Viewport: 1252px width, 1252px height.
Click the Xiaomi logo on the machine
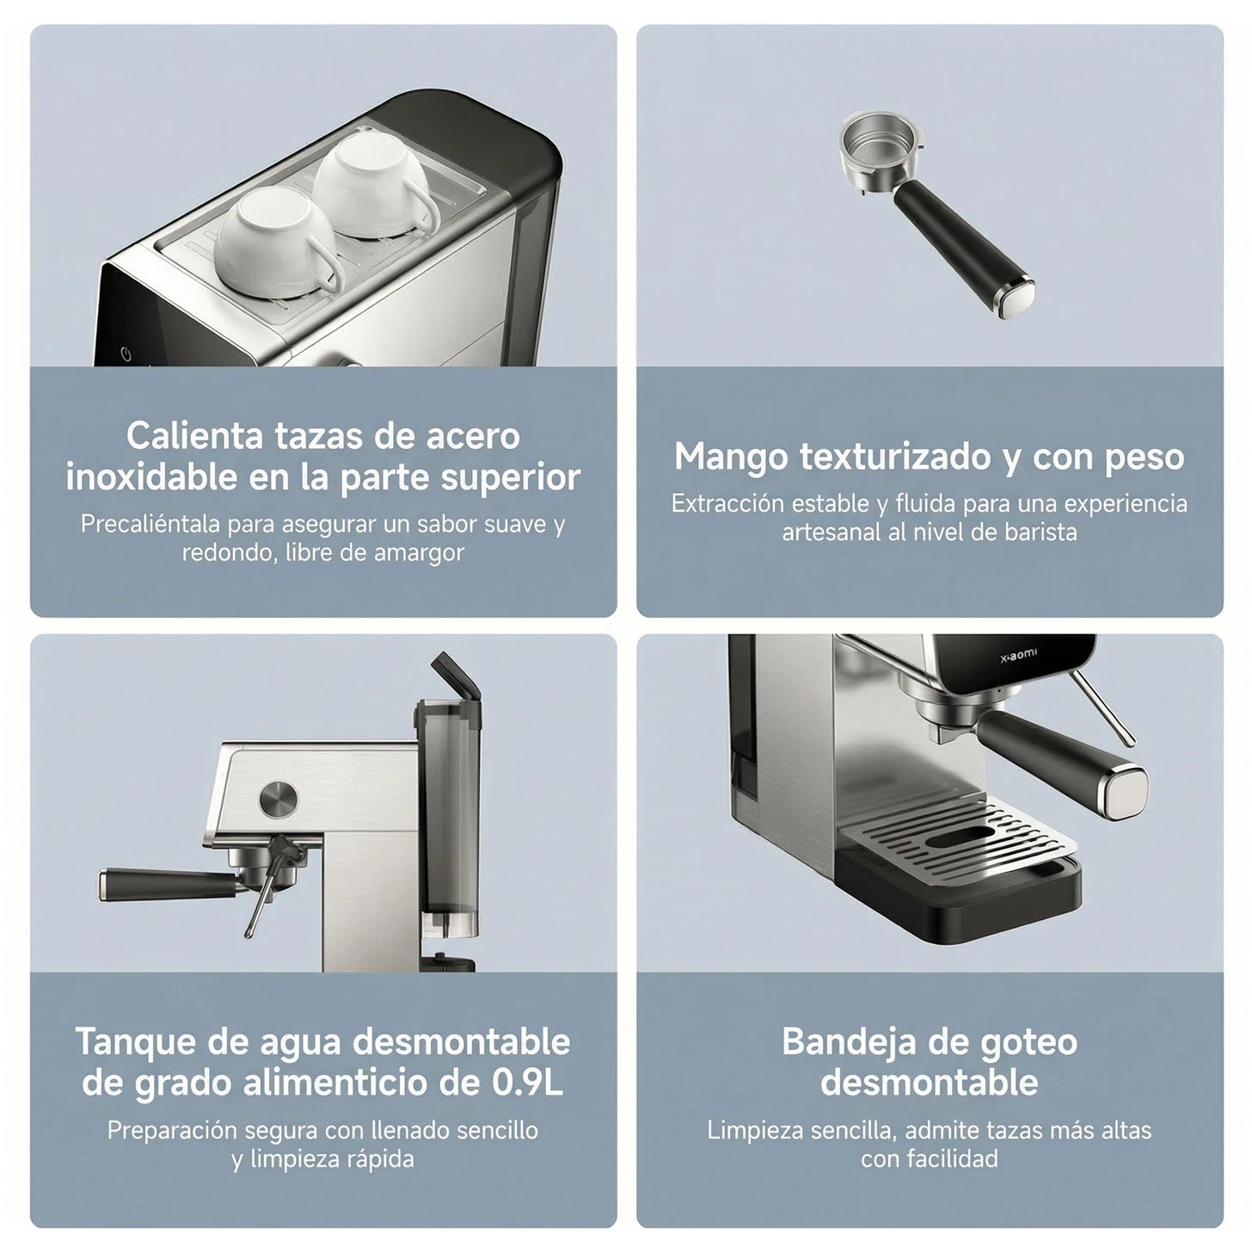(1020, 654)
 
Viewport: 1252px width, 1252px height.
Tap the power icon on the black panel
(126, 354)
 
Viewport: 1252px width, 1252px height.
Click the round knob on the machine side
(278, 799)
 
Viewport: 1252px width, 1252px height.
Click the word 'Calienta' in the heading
(194, 436)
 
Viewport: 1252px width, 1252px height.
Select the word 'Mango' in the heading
(731, 457)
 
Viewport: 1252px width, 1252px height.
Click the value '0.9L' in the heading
(527, 1083)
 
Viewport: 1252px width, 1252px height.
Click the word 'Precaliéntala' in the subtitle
(151, 524)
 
